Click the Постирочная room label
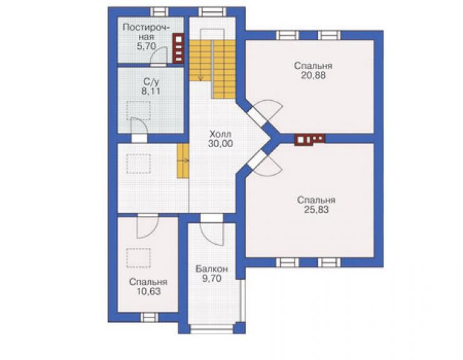point(146,32)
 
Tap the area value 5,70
point(146,46)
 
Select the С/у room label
point(151,82)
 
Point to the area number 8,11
point(151,91)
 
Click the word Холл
point(220,134)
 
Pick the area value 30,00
point(220,143)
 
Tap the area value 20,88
point(313,75)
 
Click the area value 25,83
point(316,210)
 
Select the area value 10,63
point(148,292)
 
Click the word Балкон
point(211,269)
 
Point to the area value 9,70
point(211,279)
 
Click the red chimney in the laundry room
point(178,48)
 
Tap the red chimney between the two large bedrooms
point(310,140)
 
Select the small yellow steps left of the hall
point(183,161)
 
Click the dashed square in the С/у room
point(139,111)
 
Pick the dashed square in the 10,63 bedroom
point(138,258)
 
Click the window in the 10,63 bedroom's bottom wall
point(149,317)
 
